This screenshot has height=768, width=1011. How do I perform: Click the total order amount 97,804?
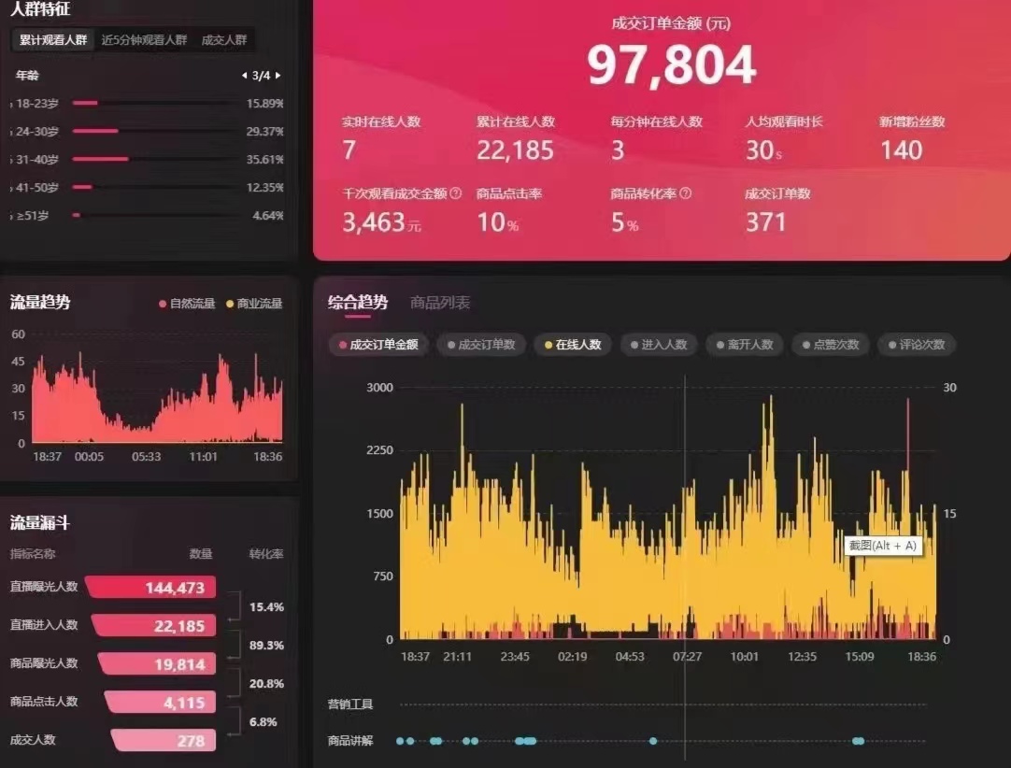tap(671, 65)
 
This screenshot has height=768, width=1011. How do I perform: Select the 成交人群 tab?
tap(224, 40)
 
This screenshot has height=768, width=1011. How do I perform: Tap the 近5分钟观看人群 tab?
tap(144, 40)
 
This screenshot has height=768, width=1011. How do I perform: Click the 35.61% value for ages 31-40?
tap(264, 160)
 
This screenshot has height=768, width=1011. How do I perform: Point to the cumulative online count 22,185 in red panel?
tap(515, 150)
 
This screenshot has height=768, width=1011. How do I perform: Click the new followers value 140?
tap(901, 150)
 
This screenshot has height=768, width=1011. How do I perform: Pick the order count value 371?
tap(765, 222)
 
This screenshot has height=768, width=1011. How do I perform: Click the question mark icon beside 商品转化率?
tap(686, 193)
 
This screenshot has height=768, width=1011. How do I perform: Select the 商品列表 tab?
tap(440, 303)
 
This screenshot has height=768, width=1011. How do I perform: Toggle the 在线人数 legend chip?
tap(572, 345)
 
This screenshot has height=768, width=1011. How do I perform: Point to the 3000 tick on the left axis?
tap(379, 388)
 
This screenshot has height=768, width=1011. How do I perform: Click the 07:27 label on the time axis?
tap(687, 657)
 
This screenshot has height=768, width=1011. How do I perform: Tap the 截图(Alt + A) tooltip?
tap(883, 546)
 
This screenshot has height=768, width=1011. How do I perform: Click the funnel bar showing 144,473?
tap(151, 588)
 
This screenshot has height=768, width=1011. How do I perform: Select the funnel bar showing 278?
tap(164, 740)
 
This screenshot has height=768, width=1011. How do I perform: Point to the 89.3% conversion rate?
tap(266, 646)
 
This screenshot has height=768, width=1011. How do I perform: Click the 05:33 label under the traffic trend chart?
tap(146, 457)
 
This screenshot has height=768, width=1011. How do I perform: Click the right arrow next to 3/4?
tap(278, 76)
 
